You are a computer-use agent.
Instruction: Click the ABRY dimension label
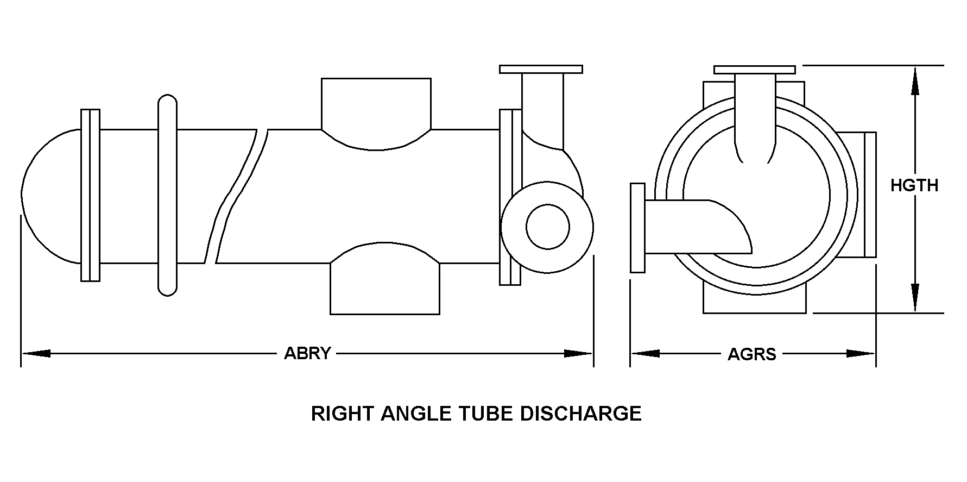pyautogui.click(x=307, y=354)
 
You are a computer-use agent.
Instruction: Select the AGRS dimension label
pyautogui.click(x=752, y=354)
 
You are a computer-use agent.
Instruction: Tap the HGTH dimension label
pyautogui.click(x=914, y=186)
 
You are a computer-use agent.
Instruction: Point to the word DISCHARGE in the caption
pyautogui.click(x=581, y=414)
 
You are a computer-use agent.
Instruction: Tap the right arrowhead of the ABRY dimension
pyautogui.click(x=578, y=354)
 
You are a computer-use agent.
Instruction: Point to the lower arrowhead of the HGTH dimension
pyautogui.click(x=915, y=298)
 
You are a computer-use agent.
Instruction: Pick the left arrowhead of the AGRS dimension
pyautogui.click(x=645, y=354)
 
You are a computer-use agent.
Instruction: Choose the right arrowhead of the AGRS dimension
pyautogui.click(x=861, y=354)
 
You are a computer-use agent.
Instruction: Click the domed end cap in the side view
pyautogui.click(x=52, y=196)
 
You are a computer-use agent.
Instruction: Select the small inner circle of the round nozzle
pyautogui.click(x=548, y=227)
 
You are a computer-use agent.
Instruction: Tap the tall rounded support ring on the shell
pyautogui.click(x=167, y=196)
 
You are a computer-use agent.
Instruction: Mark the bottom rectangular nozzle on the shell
pyautogui.click(x=385, y=278)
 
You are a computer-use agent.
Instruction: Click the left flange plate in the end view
pyautogui.click(x=638, y=228)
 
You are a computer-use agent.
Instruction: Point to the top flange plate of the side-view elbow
pyautogui.click(x=541, y=69)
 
